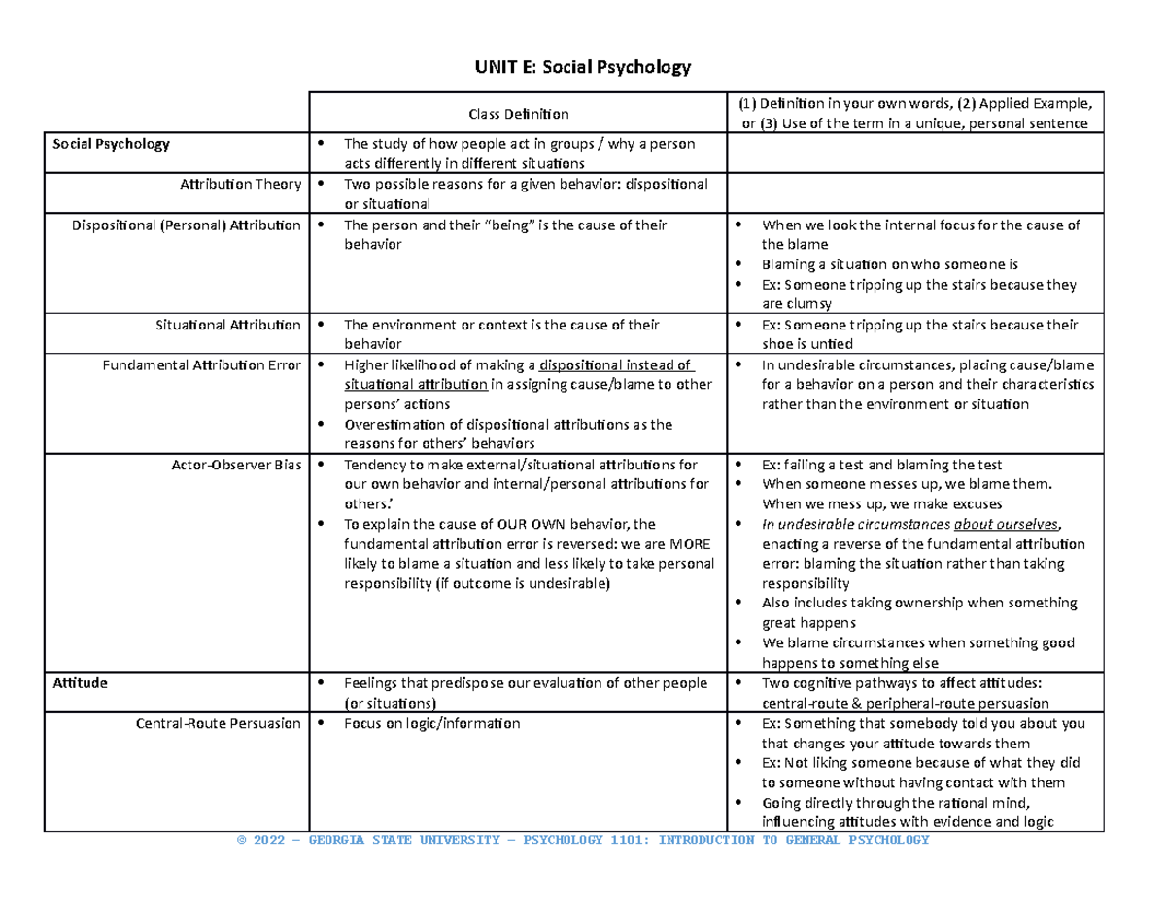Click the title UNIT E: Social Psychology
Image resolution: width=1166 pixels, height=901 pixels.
point(582,67)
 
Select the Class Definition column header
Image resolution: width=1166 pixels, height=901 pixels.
point(519,114)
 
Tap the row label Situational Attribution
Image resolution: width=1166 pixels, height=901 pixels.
point(227,325)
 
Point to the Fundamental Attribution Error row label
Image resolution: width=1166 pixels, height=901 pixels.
point(202,365)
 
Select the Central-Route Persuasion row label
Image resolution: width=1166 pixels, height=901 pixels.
point(219,724)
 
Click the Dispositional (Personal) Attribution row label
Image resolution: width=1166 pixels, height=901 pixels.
point(187,225)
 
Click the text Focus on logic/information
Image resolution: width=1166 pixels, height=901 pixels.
point(432,724)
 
